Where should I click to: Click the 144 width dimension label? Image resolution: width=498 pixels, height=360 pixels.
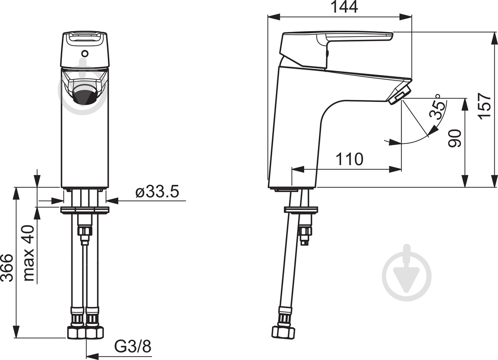click(x=344, y=7)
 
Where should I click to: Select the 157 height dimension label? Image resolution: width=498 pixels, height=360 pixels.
click(x=485, y=107)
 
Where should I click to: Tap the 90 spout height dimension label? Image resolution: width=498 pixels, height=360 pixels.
click(x=454, y=138)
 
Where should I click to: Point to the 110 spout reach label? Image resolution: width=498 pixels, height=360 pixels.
click(x=349, y=159)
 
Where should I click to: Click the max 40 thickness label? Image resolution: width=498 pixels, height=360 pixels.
click(x=29, y=253)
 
